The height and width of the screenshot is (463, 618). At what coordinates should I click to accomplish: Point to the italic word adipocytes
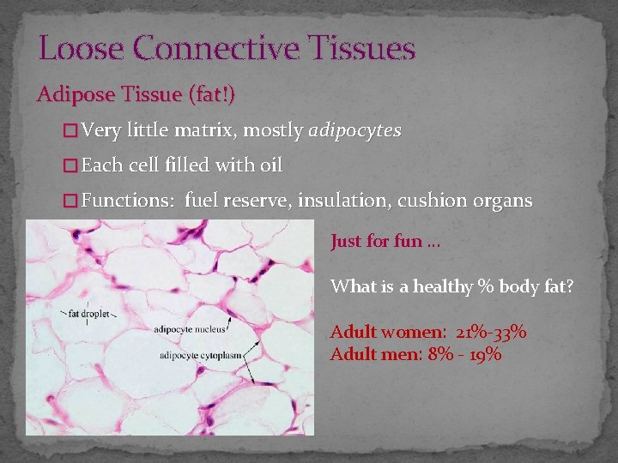click(x=354, y=131)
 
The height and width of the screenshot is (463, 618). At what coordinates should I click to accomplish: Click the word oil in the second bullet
click(x=270, y=165)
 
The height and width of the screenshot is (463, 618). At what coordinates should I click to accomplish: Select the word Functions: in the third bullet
click(x=128, y=201)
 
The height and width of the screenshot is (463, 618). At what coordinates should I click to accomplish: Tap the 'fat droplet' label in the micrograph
click(x=89, y=315)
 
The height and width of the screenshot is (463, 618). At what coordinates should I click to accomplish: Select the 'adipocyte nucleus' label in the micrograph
click(x=190, y=329)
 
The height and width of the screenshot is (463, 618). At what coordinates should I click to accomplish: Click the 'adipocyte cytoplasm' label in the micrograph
click(x=198, y=354)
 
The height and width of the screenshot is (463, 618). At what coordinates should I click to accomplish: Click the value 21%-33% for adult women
click(x=493, y=332)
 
